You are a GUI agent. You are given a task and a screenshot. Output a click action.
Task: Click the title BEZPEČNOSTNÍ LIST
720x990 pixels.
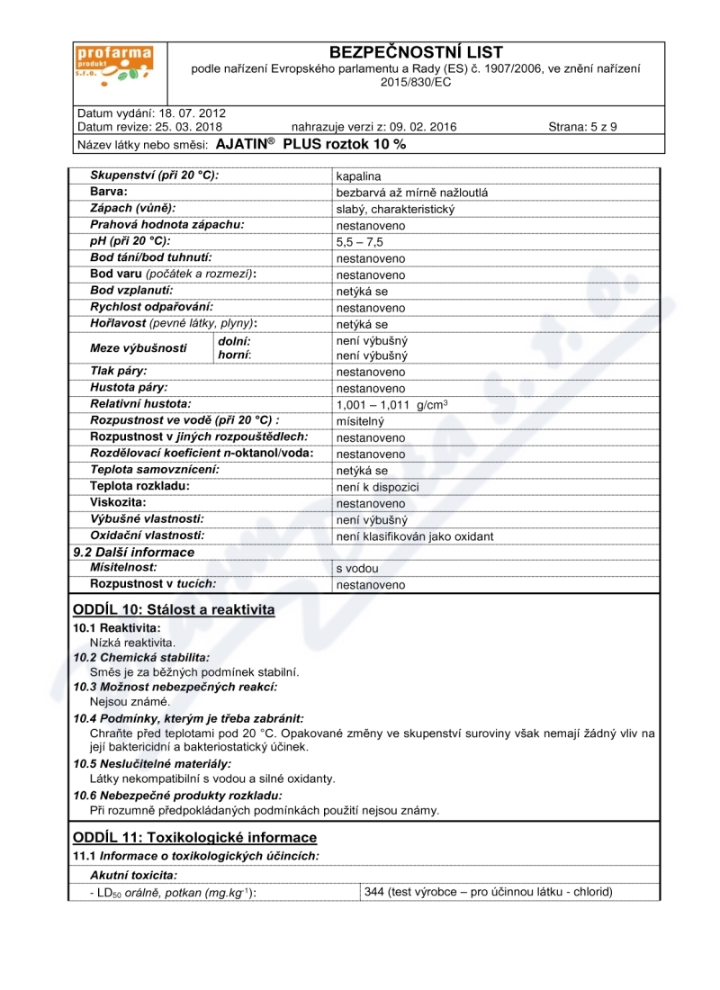point(416,52)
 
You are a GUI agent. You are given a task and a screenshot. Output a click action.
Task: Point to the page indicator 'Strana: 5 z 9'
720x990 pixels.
point(582,127)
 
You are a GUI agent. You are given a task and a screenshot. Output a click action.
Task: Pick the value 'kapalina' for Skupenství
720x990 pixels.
point(357,176)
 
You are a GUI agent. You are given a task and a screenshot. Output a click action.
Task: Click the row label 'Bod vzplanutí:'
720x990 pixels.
point(131,291)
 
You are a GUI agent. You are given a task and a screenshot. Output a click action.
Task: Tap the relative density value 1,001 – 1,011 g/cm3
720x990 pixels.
point(391,405)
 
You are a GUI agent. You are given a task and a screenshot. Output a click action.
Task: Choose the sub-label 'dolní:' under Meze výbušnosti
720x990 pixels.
point(235,341)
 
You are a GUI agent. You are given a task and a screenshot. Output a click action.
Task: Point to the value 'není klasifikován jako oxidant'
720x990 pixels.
point(414,536)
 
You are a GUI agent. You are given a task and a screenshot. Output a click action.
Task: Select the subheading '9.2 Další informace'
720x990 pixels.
point(133,552)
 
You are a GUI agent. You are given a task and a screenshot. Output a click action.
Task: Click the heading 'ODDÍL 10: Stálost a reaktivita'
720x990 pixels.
point(174,609)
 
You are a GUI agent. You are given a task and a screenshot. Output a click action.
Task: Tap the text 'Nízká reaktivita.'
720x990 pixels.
point(132,643)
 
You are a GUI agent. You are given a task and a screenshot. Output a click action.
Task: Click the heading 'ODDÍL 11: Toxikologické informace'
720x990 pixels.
point(194,837)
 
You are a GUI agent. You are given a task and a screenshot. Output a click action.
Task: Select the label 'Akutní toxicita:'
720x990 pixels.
point(133,874)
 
